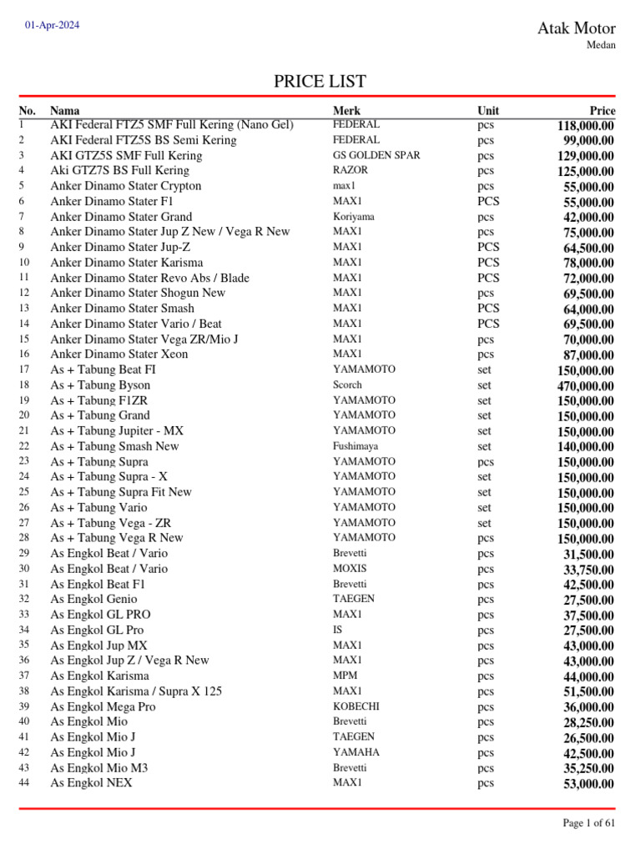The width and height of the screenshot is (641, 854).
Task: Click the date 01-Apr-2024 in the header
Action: tap(53, 25)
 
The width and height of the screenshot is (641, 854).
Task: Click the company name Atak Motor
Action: tap(576, 28)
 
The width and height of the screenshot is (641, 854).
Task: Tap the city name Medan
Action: tap(602, 45)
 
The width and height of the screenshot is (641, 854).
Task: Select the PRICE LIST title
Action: tap(320, 81)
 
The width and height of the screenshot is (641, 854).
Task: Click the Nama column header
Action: tap(65, 110)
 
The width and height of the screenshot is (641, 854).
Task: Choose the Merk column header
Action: tap(346, 110)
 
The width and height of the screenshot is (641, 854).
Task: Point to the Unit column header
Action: tap(488, 110)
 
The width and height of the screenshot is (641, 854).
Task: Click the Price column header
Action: tap(602, 110)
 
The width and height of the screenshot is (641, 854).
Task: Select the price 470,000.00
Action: tap(585, 386)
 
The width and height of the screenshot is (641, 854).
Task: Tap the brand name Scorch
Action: tap(347, 385)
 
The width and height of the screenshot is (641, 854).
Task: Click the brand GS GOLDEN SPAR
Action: tap(376, 155)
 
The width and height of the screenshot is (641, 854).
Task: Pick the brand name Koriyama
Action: tap(353, 216)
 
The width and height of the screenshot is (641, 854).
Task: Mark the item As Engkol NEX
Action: tap(91, 783)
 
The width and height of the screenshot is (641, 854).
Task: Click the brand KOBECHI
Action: tap(356, 706)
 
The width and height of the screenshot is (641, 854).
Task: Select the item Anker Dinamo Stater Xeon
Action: tap(119, 354)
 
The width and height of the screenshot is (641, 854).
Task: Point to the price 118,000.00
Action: tap(585, 126)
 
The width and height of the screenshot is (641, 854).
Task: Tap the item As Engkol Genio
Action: tap(94, 599)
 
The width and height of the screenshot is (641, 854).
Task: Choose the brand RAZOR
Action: tap(351, 170)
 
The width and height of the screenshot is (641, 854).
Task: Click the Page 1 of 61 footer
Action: tap(589, 823)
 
